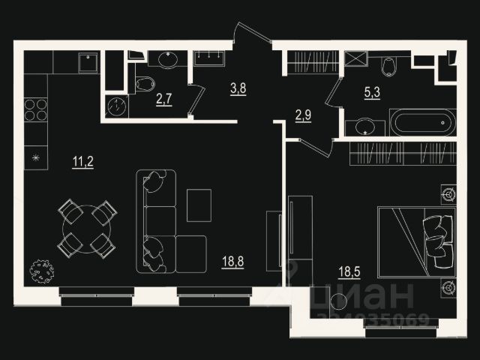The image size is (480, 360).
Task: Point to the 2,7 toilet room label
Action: [164, 98]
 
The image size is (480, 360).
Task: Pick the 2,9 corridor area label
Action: [303, 116]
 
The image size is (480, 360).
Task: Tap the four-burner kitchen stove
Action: [35, 109]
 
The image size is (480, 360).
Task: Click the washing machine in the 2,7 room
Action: [117, 106]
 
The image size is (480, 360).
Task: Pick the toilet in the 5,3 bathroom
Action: [388, 67]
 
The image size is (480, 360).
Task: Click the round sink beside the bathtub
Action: [367, 125]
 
